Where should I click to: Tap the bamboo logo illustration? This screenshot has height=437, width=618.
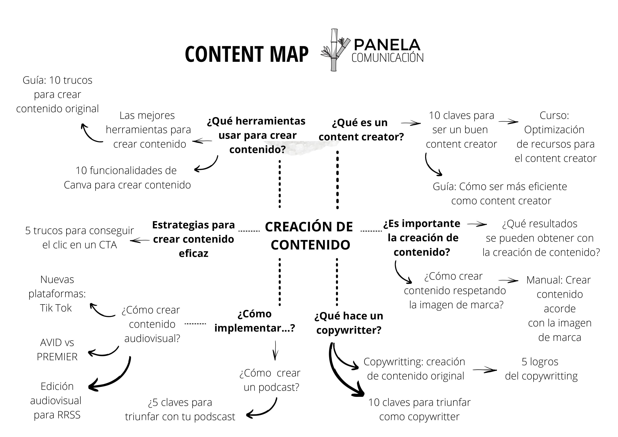(335, 50)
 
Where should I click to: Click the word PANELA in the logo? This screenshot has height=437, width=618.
(387, 45)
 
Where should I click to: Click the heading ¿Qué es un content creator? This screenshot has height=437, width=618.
(361, 130)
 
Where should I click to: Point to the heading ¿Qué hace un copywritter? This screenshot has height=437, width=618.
(349, 323)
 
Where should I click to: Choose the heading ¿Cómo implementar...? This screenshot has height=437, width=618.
(255, 321)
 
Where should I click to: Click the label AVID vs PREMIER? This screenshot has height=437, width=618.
(57, 349)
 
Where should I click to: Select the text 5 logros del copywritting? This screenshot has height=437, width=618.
(541, 369)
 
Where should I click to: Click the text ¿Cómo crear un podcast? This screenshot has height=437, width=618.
(270, 380)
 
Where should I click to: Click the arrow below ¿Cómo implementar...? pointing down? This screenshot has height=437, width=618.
(275, 350)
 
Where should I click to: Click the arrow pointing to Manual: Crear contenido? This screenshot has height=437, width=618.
(508, 280)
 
